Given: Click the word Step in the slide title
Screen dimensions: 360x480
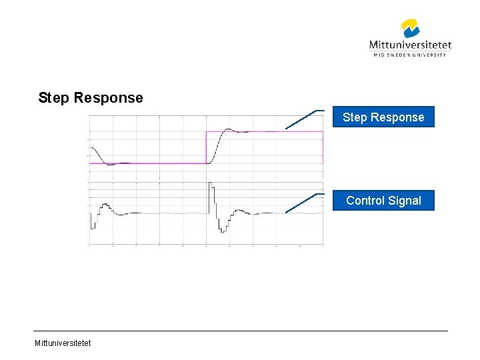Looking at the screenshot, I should click(x=53, y=98).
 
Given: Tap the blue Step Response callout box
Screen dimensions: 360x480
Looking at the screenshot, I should click(x=383, y=117).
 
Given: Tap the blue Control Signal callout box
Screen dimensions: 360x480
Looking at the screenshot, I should click(x=383, y=201).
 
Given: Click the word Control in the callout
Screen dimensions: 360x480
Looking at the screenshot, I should click(x=365, y=201).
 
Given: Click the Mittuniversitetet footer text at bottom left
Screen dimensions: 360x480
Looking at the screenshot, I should click(x=64, y=343).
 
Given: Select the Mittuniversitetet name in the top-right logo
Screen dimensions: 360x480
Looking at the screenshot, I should click(x=410, y=45).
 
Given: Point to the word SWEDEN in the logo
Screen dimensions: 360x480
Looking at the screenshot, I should click(x=397, y=55).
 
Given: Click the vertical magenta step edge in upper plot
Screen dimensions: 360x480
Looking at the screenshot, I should click(x=206, y=147).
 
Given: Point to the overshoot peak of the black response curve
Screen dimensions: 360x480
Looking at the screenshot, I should click(x=228, y=129).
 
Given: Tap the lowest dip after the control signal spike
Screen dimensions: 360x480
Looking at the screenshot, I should click(x=221, y=230).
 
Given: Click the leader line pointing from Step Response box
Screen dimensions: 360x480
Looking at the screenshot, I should click(x=301, y=119).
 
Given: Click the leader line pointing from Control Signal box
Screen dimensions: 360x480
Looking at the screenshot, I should click(x=301, y=203).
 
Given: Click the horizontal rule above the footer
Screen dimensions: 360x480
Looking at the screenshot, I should click(x=240, y=331).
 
